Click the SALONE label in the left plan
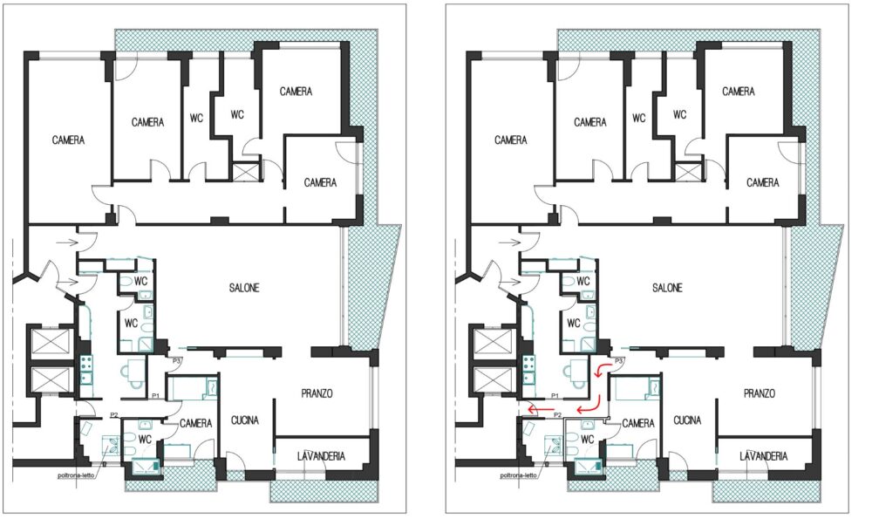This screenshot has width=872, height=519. (244, 288)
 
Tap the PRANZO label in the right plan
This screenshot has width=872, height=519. (760, 394)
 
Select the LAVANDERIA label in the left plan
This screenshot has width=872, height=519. (321, 456)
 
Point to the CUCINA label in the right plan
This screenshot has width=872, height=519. (687, 420)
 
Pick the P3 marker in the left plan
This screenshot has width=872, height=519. (177, 361)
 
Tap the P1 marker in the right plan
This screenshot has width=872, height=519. (555, 396)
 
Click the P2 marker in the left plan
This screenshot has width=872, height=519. (114, 414)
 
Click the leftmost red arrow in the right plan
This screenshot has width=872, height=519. (536, 411)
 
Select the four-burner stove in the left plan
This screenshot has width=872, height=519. (86, 364)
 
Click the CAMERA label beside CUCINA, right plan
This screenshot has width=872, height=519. (638, 423)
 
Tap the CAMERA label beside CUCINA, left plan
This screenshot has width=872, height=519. (195, 423)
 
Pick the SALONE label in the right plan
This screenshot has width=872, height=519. (667, 288)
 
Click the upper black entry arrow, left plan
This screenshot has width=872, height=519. (67, 242)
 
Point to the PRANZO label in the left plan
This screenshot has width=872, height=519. (317, 394)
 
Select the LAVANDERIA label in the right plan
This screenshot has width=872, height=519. (764, 456)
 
